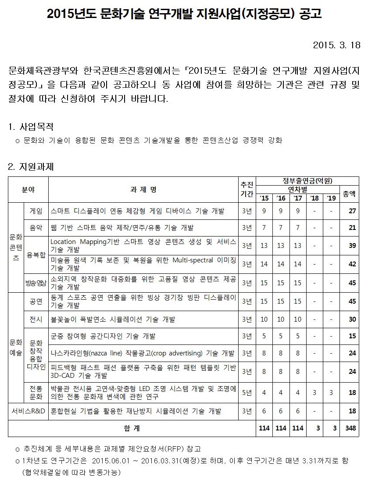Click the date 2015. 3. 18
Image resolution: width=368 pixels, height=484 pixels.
point(336,45)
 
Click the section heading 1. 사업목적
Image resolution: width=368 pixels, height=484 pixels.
point(31,127)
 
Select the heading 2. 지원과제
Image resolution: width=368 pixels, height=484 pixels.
point(31,167)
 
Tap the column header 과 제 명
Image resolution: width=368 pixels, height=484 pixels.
point(143,190)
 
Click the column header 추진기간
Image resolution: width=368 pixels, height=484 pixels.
point(247,189)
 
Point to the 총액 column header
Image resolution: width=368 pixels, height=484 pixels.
point(349,194)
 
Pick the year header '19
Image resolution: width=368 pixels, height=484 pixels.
point(331,198)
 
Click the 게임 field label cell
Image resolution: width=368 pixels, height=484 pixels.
point(36,211)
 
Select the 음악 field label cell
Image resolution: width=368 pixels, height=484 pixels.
point(36,228)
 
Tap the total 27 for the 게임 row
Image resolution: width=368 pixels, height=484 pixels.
point(352,211)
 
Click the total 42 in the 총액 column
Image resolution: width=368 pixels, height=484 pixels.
point(352,264)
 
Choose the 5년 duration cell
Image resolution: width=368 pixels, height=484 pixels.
point(247,392)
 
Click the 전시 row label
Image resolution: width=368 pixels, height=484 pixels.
point(36,319)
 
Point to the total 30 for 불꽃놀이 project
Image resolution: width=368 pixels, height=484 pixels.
point(352,319)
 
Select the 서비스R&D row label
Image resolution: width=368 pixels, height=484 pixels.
point(28,411)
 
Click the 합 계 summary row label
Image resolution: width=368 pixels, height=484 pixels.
point(132,428)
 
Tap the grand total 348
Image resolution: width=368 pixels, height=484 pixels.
point(350,428)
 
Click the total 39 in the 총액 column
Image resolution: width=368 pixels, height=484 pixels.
point(352,246)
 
